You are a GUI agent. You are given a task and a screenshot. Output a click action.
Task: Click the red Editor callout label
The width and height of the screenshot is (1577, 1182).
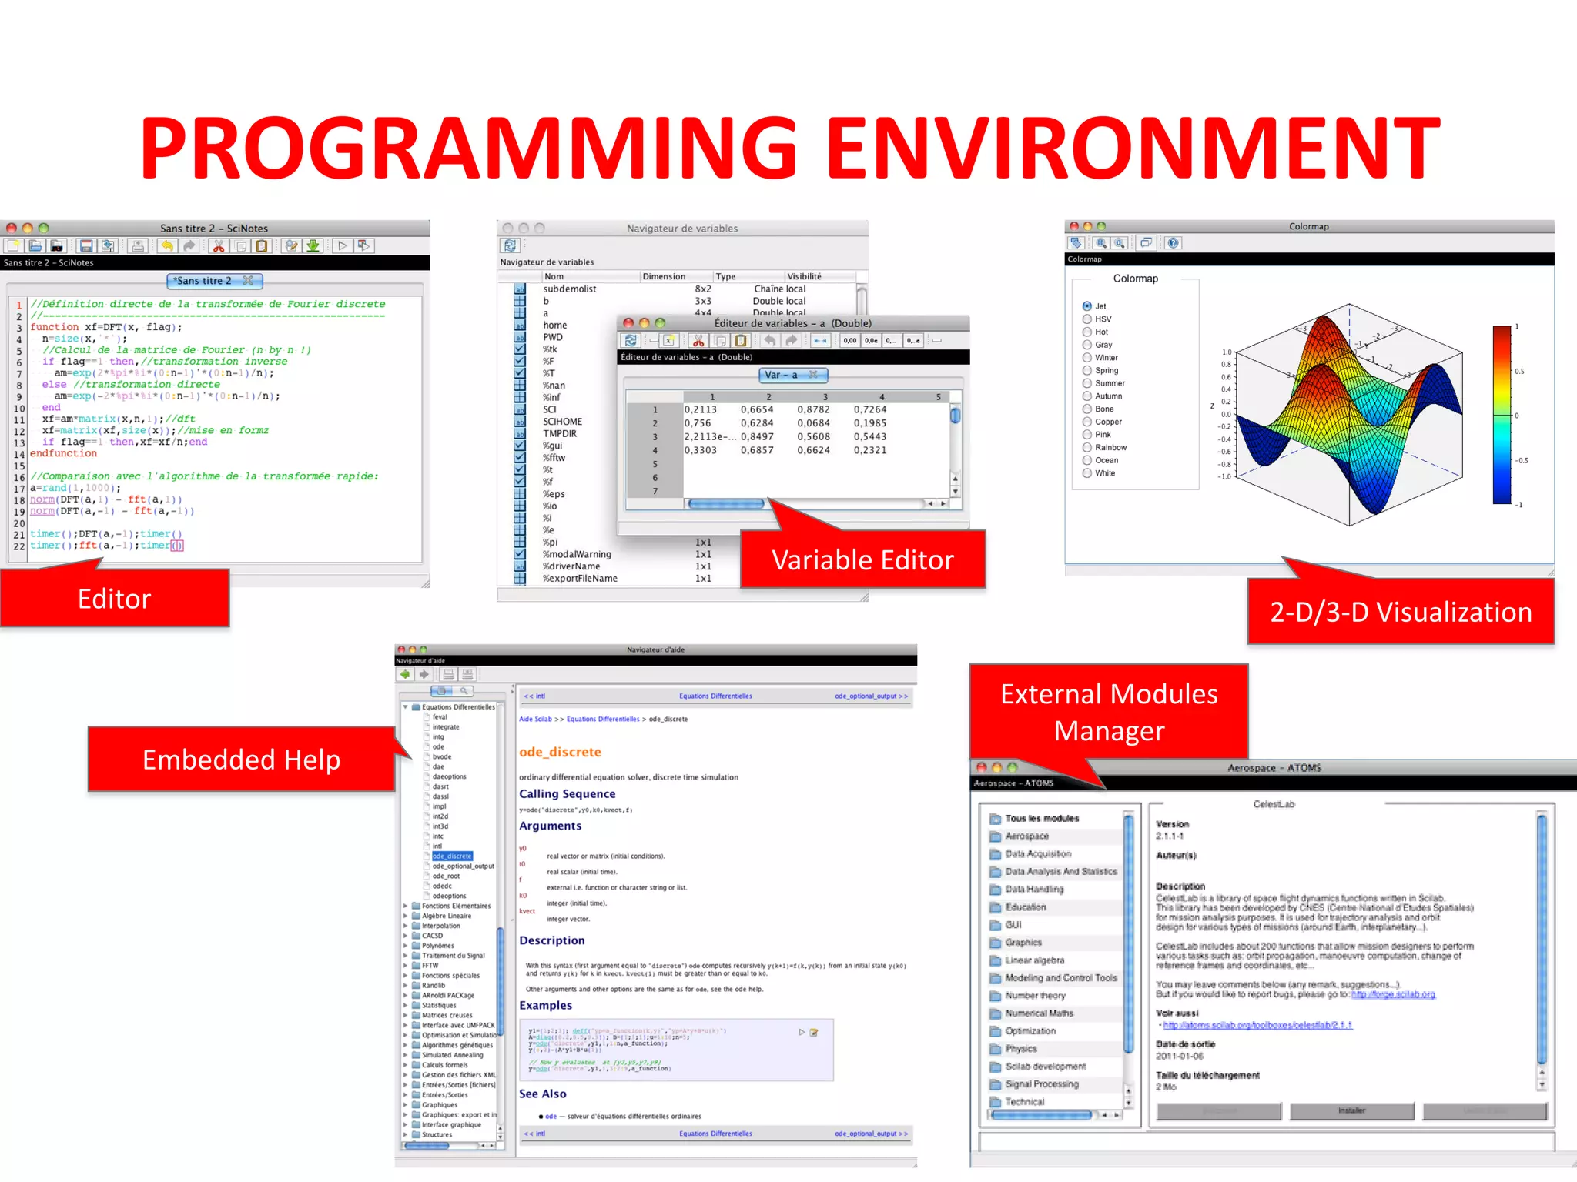coord(114,599)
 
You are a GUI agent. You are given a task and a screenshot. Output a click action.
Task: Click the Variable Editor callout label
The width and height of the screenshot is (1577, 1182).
coord(862,560)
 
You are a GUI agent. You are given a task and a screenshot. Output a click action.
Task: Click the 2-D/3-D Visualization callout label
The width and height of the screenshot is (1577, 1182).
coord(1400,612)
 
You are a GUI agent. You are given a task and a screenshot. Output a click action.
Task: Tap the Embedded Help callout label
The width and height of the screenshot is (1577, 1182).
coord(241,760)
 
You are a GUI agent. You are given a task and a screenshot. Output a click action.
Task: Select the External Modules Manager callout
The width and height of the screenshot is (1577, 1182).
coord(1108,712)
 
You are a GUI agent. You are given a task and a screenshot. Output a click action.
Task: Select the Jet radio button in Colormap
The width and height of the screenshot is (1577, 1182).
coord(1087,306)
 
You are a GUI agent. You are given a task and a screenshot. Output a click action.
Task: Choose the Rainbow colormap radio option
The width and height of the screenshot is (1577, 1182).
coord(1087,448)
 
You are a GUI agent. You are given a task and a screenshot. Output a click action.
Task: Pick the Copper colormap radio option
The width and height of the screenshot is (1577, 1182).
coord(1087,422)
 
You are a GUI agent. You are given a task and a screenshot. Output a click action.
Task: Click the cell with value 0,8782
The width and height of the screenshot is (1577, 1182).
coord(813,410)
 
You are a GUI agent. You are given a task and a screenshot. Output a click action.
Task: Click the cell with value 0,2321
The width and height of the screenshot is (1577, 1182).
coord(869,450)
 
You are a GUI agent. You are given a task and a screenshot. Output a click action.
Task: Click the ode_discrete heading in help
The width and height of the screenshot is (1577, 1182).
coord(560,752)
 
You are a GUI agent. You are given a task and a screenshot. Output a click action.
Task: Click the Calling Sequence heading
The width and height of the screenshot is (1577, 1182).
coord(567,794)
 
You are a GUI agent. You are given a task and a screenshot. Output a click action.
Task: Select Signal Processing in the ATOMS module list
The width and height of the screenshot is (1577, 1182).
coord(1041,1084)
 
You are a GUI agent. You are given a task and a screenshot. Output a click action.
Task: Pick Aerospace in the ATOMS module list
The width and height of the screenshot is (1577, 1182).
coord(1026,836)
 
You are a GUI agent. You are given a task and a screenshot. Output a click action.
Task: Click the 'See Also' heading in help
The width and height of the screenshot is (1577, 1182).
coord(542,1094)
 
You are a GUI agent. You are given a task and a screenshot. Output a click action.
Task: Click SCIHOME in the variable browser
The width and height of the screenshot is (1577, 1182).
coord(562,422)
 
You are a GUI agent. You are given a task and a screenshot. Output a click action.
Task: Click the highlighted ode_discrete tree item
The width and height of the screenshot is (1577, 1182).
coord(452,856)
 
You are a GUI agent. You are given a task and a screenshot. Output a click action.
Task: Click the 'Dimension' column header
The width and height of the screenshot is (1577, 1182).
coord(663,276)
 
